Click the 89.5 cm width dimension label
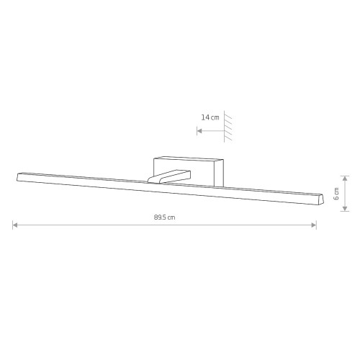click(x=164, y=217)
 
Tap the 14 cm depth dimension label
click(x=210, y=117)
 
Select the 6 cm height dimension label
click(x=336, y=194)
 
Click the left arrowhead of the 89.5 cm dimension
click(x=15, y=225)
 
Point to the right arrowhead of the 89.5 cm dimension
click(x=314, y=225)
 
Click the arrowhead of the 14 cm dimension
click(x=199, y=131)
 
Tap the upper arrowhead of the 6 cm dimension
click(x=345, y=179)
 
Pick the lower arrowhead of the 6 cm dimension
click(x=345, y=209)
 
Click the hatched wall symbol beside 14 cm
click(x=228, y=127)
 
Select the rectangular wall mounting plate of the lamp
click(x=189, y=171)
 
